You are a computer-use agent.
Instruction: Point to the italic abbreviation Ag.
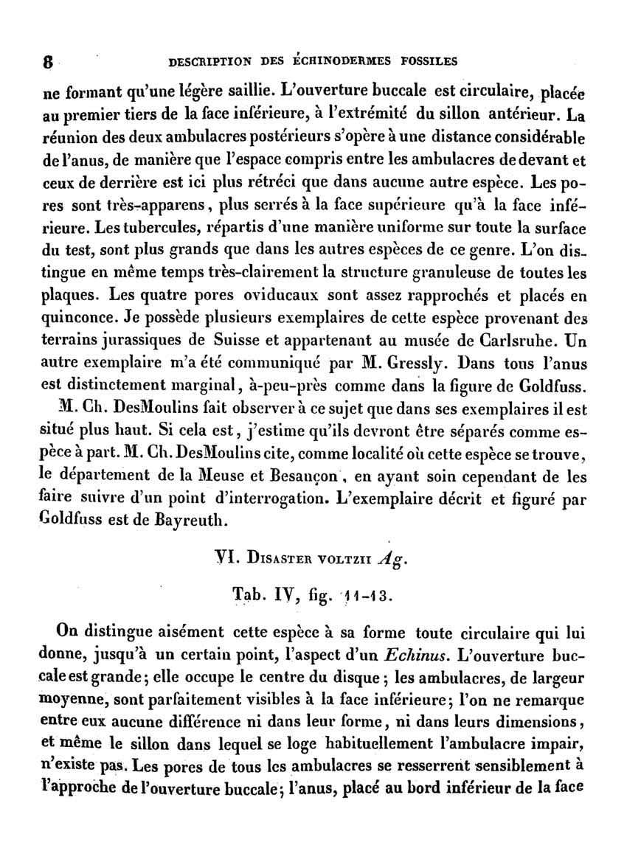(x=392, y=560)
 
